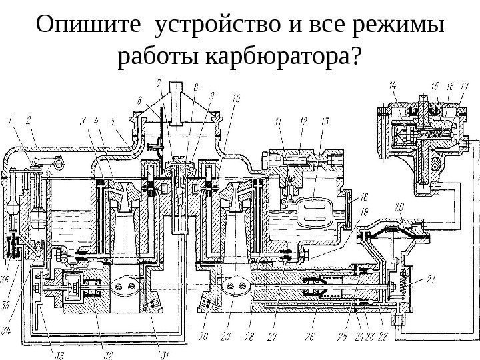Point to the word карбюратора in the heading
284,59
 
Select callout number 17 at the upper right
465,85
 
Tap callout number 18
364,197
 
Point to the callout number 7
159,83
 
